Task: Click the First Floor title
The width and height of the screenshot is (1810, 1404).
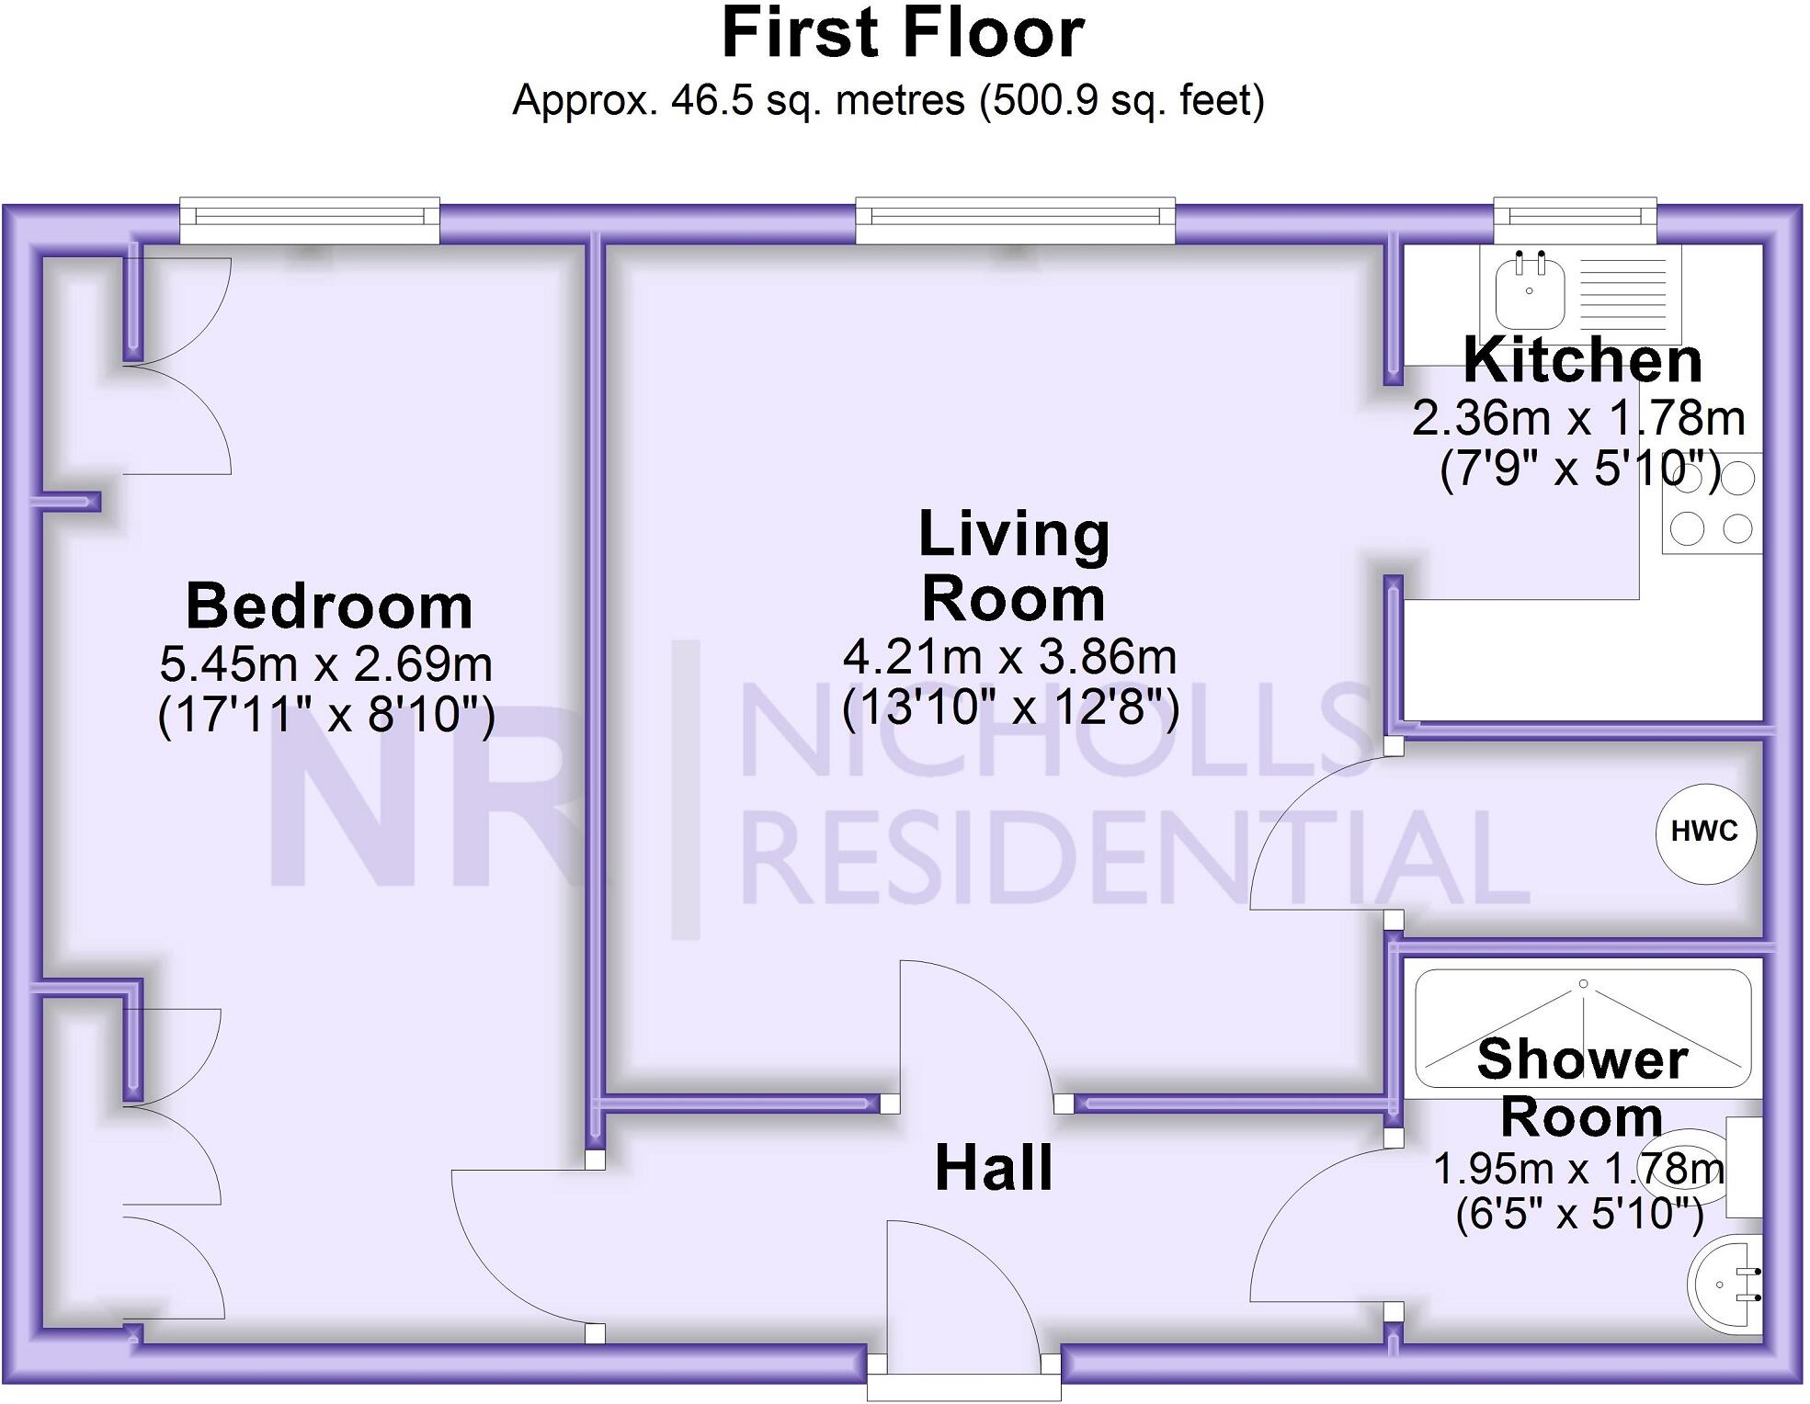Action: tap(903, 35)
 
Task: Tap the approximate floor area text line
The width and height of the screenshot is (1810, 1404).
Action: tap(888, 100)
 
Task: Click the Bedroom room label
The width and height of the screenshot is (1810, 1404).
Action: tap(329, 606)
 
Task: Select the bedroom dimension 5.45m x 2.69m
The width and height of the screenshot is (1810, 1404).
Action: tap(326, 663)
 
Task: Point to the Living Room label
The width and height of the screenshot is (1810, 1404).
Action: tap(1014, 565)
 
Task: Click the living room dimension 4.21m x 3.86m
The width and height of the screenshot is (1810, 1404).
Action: tap(1009, 657)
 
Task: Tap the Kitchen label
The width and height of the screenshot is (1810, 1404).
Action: tap(1582, 360)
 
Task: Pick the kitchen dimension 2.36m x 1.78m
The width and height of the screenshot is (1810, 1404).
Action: tap(1578, 418)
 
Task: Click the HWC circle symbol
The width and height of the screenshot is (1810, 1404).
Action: tap(1705, 832)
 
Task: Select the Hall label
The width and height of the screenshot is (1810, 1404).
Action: tap(994, 1169)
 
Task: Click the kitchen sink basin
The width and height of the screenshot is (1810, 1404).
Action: tap(1530, 292)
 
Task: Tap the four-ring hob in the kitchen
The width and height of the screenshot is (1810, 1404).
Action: tap(1712, 504)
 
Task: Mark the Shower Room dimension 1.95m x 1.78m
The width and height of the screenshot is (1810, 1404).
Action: tap(1577, 1169)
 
